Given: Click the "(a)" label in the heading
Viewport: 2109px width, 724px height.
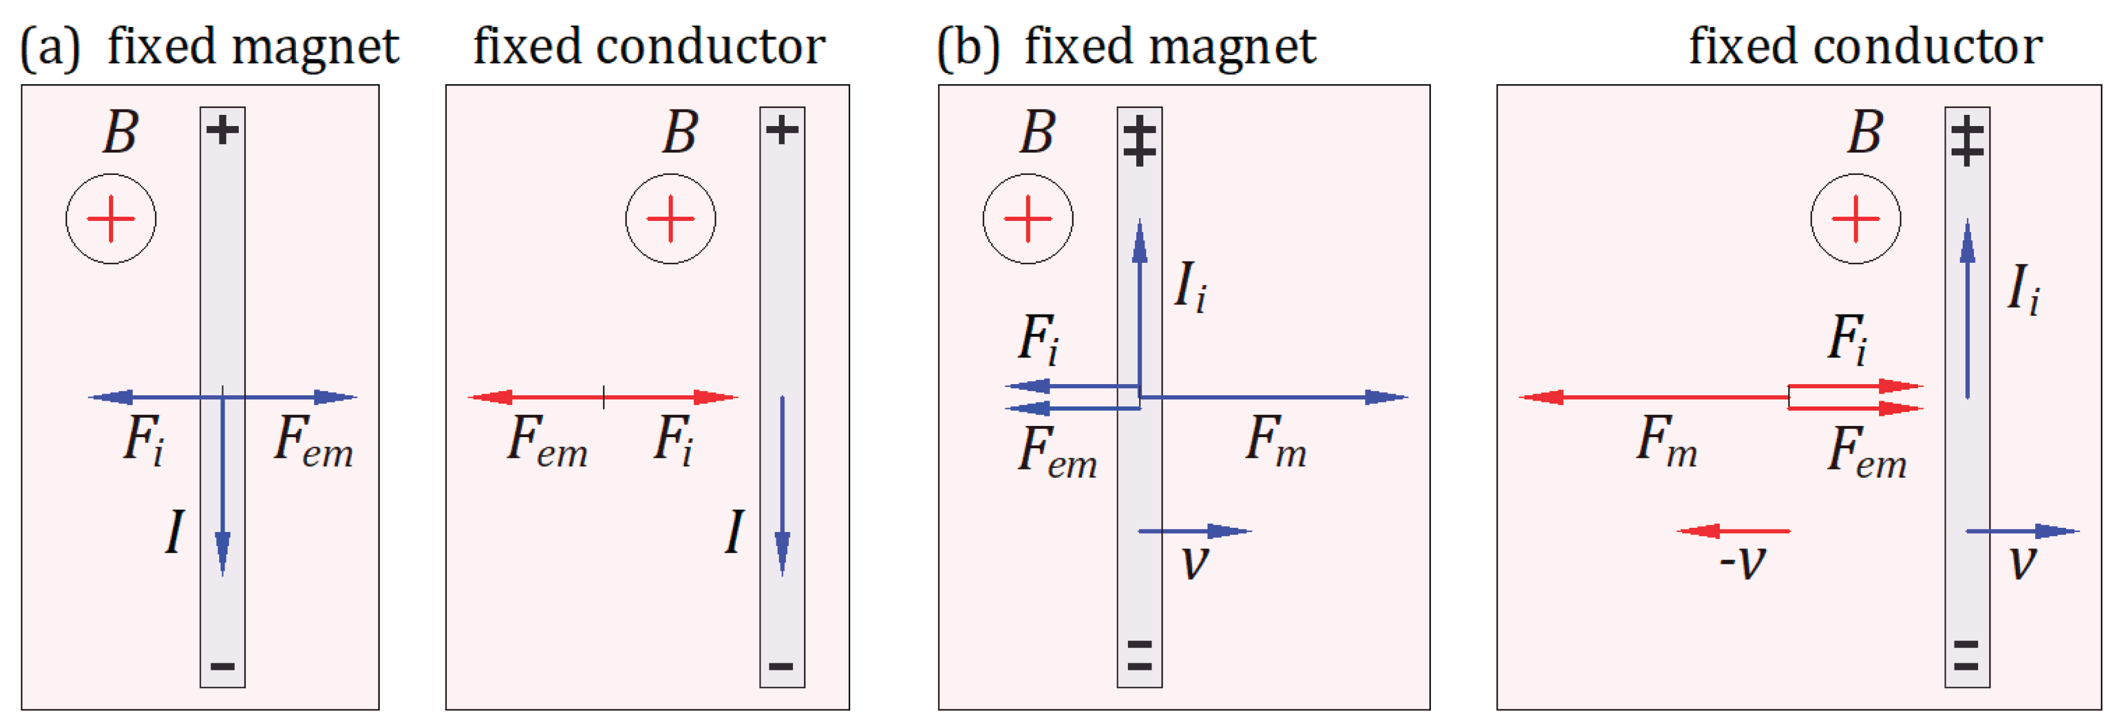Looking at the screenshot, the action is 50,48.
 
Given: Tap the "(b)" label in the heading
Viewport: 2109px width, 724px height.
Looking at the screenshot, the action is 969,48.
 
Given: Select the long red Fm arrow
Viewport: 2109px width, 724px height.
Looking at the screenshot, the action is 1654,398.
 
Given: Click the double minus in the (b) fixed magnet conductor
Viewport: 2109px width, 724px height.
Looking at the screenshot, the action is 1140,655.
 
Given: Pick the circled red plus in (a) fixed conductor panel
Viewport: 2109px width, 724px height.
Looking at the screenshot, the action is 670,219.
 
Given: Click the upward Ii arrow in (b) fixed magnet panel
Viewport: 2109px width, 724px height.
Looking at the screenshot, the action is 1140,308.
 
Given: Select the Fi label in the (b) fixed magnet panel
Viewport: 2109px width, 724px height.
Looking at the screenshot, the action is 1038,339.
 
